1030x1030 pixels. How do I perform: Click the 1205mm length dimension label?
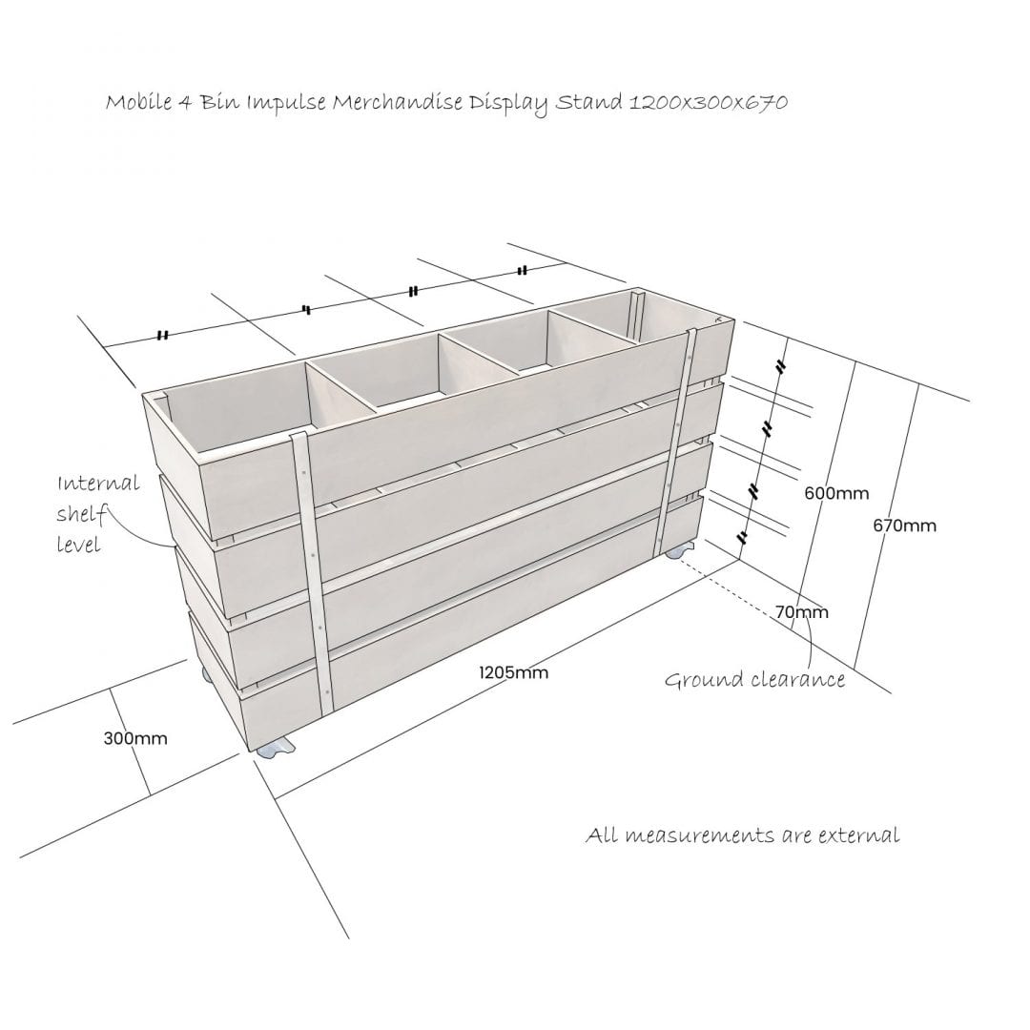tap(513, 672)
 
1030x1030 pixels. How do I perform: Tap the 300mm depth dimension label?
tap(135, 738)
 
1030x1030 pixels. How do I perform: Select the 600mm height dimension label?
tap(836, 493)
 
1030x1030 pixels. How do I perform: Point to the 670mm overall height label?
tap(904, 525)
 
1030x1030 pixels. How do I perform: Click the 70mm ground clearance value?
tap(801, 612)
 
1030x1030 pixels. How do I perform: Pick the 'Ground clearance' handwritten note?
tap(754, 679)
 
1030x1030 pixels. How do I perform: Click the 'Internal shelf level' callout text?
tap(97, 514)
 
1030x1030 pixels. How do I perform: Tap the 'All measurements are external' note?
tap(742, 835)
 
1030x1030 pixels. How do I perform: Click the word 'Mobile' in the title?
tap(138, 102)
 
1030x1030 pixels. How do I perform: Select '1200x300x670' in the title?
tap(708, 102)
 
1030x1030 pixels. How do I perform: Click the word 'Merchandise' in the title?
tap(397, 102)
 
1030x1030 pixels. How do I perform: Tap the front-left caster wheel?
tap(276, 749)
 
